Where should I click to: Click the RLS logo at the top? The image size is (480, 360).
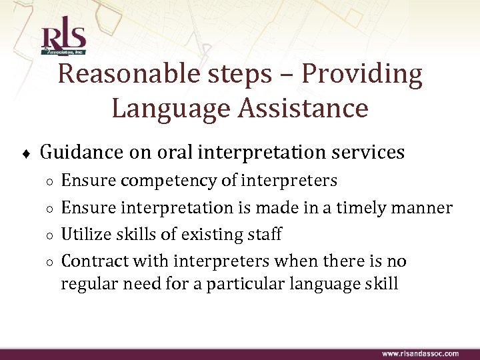point(63,39)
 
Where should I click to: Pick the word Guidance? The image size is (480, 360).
point(83,153)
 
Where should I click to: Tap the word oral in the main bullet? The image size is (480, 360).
point(175,153)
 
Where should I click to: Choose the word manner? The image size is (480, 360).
point(423,208)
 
